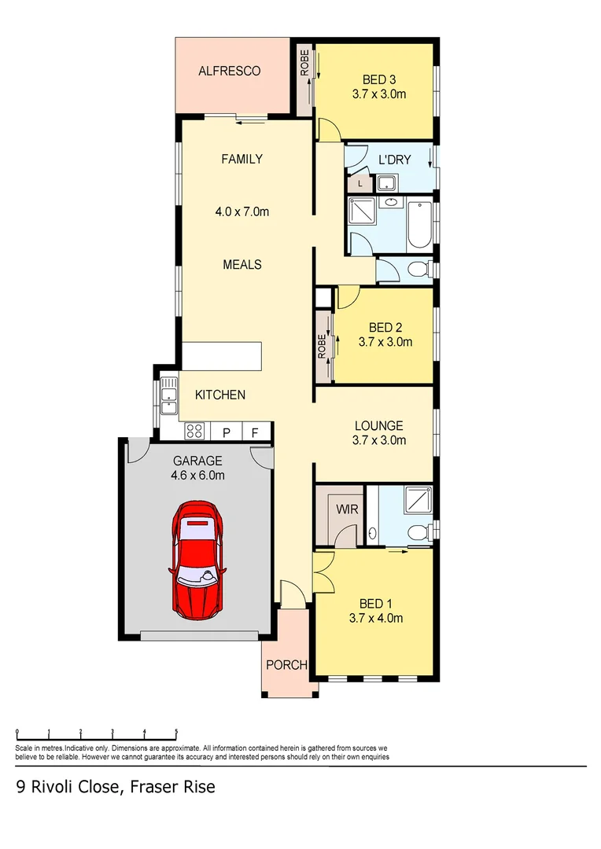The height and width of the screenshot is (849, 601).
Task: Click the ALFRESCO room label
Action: click(229, 72)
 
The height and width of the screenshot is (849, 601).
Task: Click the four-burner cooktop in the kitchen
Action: click(195, 431)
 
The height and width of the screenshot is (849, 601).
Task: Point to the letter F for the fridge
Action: click(254, 432)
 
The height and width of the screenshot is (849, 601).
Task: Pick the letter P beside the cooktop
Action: click(226, 432)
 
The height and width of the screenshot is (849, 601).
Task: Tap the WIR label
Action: click(348, 509)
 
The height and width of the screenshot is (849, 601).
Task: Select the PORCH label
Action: click(286, 665)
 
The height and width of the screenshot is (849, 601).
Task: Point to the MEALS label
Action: click(242, 265)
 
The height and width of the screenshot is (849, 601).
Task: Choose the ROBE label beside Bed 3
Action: click(304, 64)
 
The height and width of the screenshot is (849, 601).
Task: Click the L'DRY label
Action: click(395, 160)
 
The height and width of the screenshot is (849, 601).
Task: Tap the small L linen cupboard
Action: click(359, 184)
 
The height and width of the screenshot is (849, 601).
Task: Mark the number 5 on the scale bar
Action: click(176, 730)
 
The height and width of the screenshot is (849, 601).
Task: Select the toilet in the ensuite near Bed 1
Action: click(420, 533)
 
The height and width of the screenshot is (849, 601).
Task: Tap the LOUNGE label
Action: click(378, 426)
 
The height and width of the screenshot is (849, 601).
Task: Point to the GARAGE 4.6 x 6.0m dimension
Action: click(198, 475)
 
